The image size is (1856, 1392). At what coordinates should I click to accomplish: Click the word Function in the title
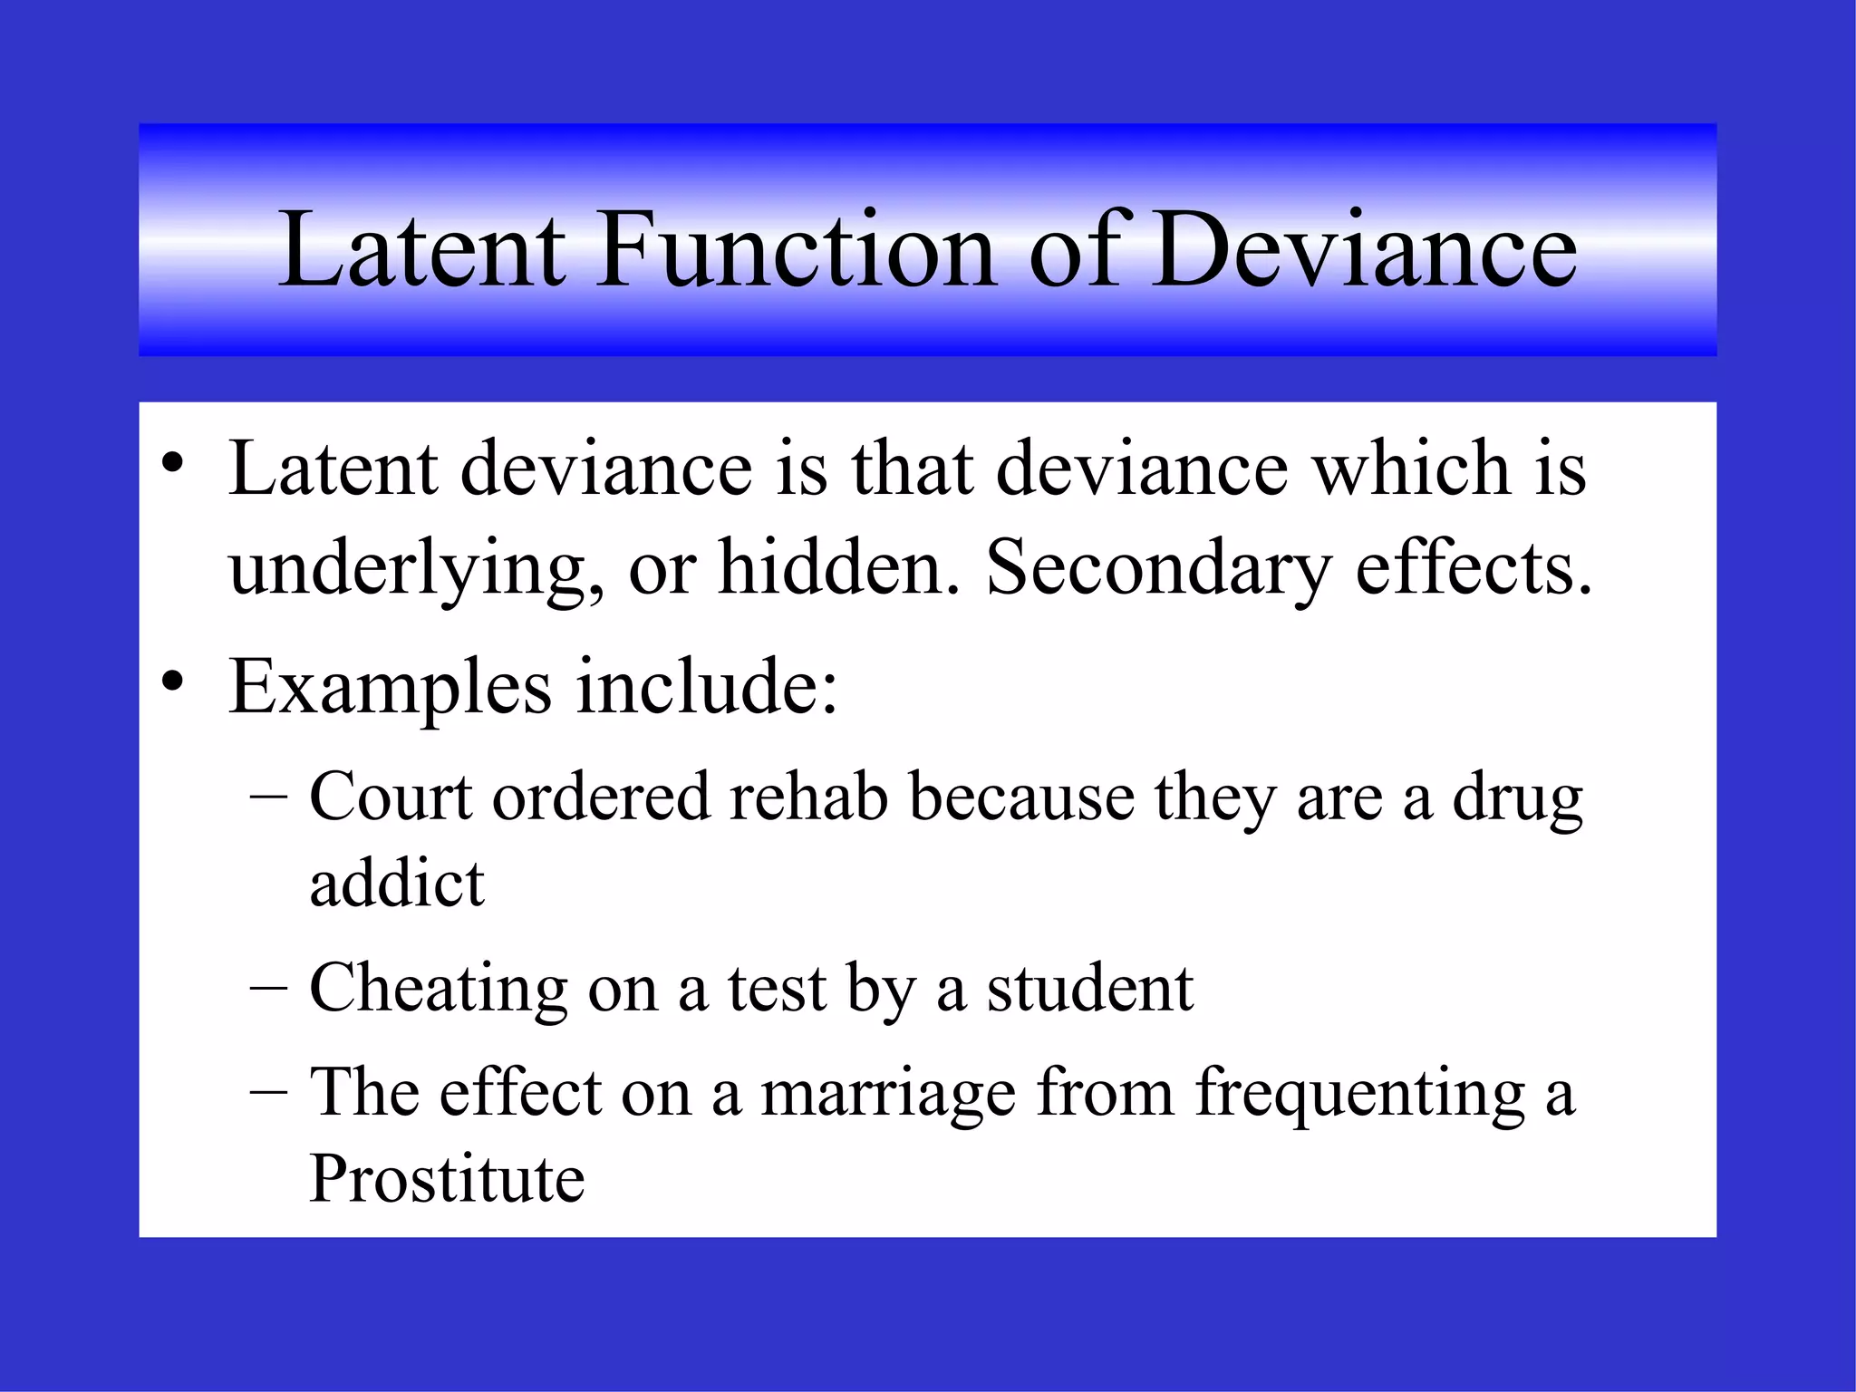(x=795, y=248)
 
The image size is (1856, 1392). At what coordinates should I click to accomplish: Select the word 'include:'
(x=708, y=686)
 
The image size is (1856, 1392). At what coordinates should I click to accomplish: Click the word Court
(x=391, y=797)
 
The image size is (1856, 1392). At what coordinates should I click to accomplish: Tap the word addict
(x=397, y=883)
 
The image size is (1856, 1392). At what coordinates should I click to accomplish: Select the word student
(x=1089, y=988)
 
